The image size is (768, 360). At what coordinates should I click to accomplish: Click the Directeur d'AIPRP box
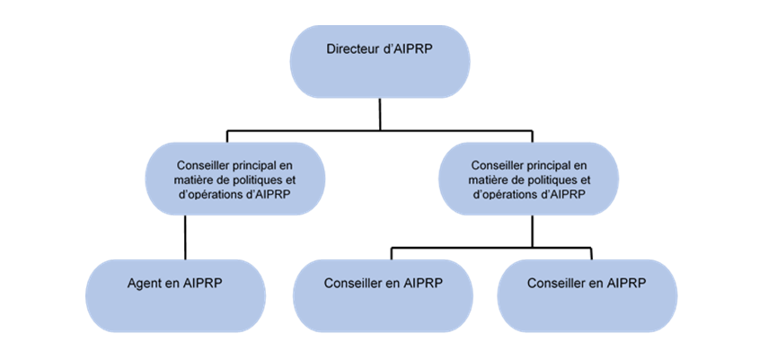tap(380, 61)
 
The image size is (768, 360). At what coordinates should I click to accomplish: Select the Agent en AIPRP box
tap(175, 295)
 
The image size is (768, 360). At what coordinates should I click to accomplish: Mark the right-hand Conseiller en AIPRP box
tap(587, 295)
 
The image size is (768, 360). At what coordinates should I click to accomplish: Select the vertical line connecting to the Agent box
tap(185, 238)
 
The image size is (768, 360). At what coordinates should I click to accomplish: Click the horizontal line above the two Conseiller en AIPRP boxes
tap(490, 245)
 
